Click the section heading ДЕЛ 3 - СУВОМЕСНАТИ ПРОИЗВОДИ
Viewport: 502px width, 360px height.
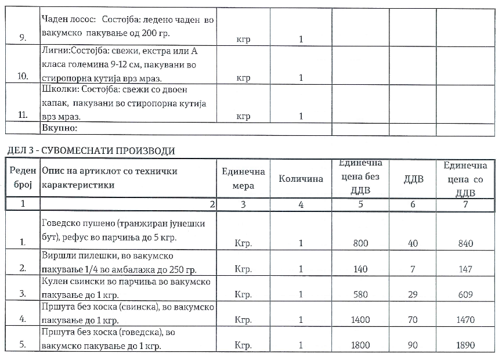pyautogui.click(x=91, y=151)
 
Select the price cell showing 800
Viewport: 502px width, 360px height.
pyautogui.click(x=360, y=244)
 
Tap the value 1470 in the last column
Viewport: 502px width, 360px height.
pyautogui.click(x=465, y=319)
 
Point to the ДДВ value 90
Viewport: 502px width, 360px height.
pyautogui.click(x=413, y=345)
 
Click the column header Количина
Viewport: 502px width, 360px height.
pyautogui.click(x=301, y=179)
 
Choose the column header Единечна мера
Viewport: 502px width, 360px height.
pyautogui.click(x=243, y=178)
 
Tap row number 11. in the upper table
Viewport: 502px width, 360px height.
pyautogui.click(x=23, y=116)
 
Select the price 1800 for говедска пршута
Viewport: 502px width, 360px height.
pyautogui.click(x=360, y=345)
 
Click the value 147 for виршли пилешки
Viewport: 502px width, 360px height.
pyautogui.click(x=465, y=269)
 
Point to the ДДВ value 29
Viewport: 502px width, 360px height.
pyautogui.click(x=413, y=294)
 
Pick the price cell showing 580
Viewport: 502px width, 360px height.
pyautogui.click(x=360, y=294)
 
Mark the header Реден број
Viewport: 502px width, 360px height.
pyautogui.click(x=23, y=178)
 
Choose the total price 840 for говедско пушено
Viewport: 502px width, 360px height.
pyautogui.click(x=465, y=244)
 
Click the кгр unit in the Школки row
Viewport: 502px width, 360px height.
pyautogui.click(x=243, y=116)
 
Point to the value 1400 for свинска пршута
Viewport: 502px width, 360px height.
pyautogui.click(x=360, y=319)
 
